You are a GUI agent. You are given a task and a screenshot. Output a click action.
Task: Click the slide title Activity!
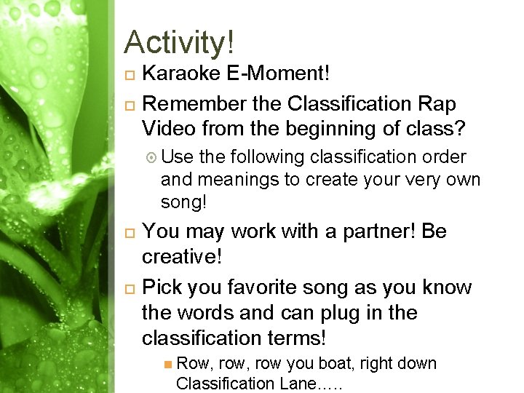pyautogui.click(x=179, y=42)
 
